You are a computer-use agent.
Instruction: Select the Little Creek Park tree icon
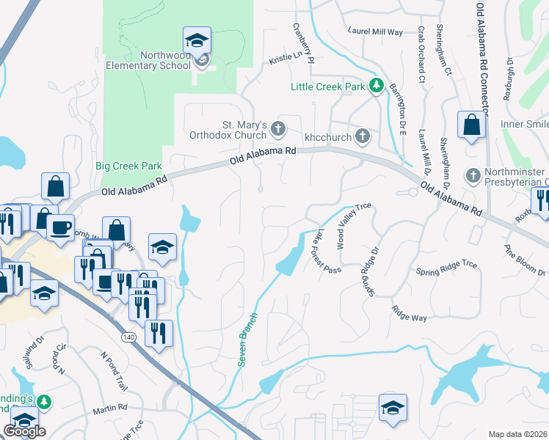point(377,87)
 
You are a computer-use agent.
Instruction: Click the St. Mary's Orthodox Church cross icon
point(277,129)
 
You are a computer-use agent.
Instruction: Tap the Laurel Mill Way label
point(376,32)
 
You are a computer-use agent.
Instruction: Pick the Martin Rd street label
point(110,407)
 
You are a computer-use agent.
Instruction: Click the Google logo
point(24,431)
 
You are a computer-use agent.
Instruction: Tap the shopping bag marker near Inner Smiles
point(471,125)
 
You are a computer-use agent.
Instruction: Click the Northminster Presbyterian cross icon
point(473,176)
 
